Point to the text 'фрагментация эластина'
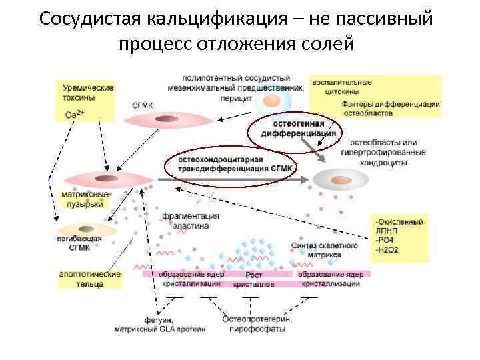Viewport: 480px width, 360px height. coord(191,221)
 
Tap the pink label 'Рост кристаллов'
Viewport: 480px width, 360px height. coord(253,279)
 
